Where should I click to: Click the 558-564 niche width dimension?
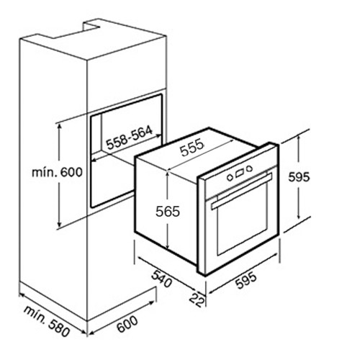129,138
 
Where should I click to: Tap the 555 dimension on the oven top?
192,148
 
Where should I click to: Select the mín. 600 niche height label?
57,172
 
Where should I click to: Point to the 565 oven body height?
168,212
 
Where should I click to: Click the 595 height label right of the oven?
299,177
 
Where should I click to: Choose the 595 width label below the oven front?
246,280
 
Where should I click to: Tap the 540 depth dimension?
162,279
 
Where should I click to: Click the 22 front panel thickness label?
197,300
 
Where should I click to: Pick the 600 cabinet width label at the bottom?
127,324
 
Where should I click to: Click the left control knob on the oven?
230,178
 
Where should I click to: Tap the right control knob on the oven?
250,168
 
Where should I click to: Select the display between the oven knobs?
240,173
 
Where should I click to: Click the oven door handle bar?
241,191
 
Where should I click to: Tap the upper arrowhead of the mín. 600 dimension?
59,126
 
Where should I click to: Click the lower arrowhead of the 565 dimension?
168,246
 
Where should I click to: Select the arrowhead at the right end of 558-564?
159,136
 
